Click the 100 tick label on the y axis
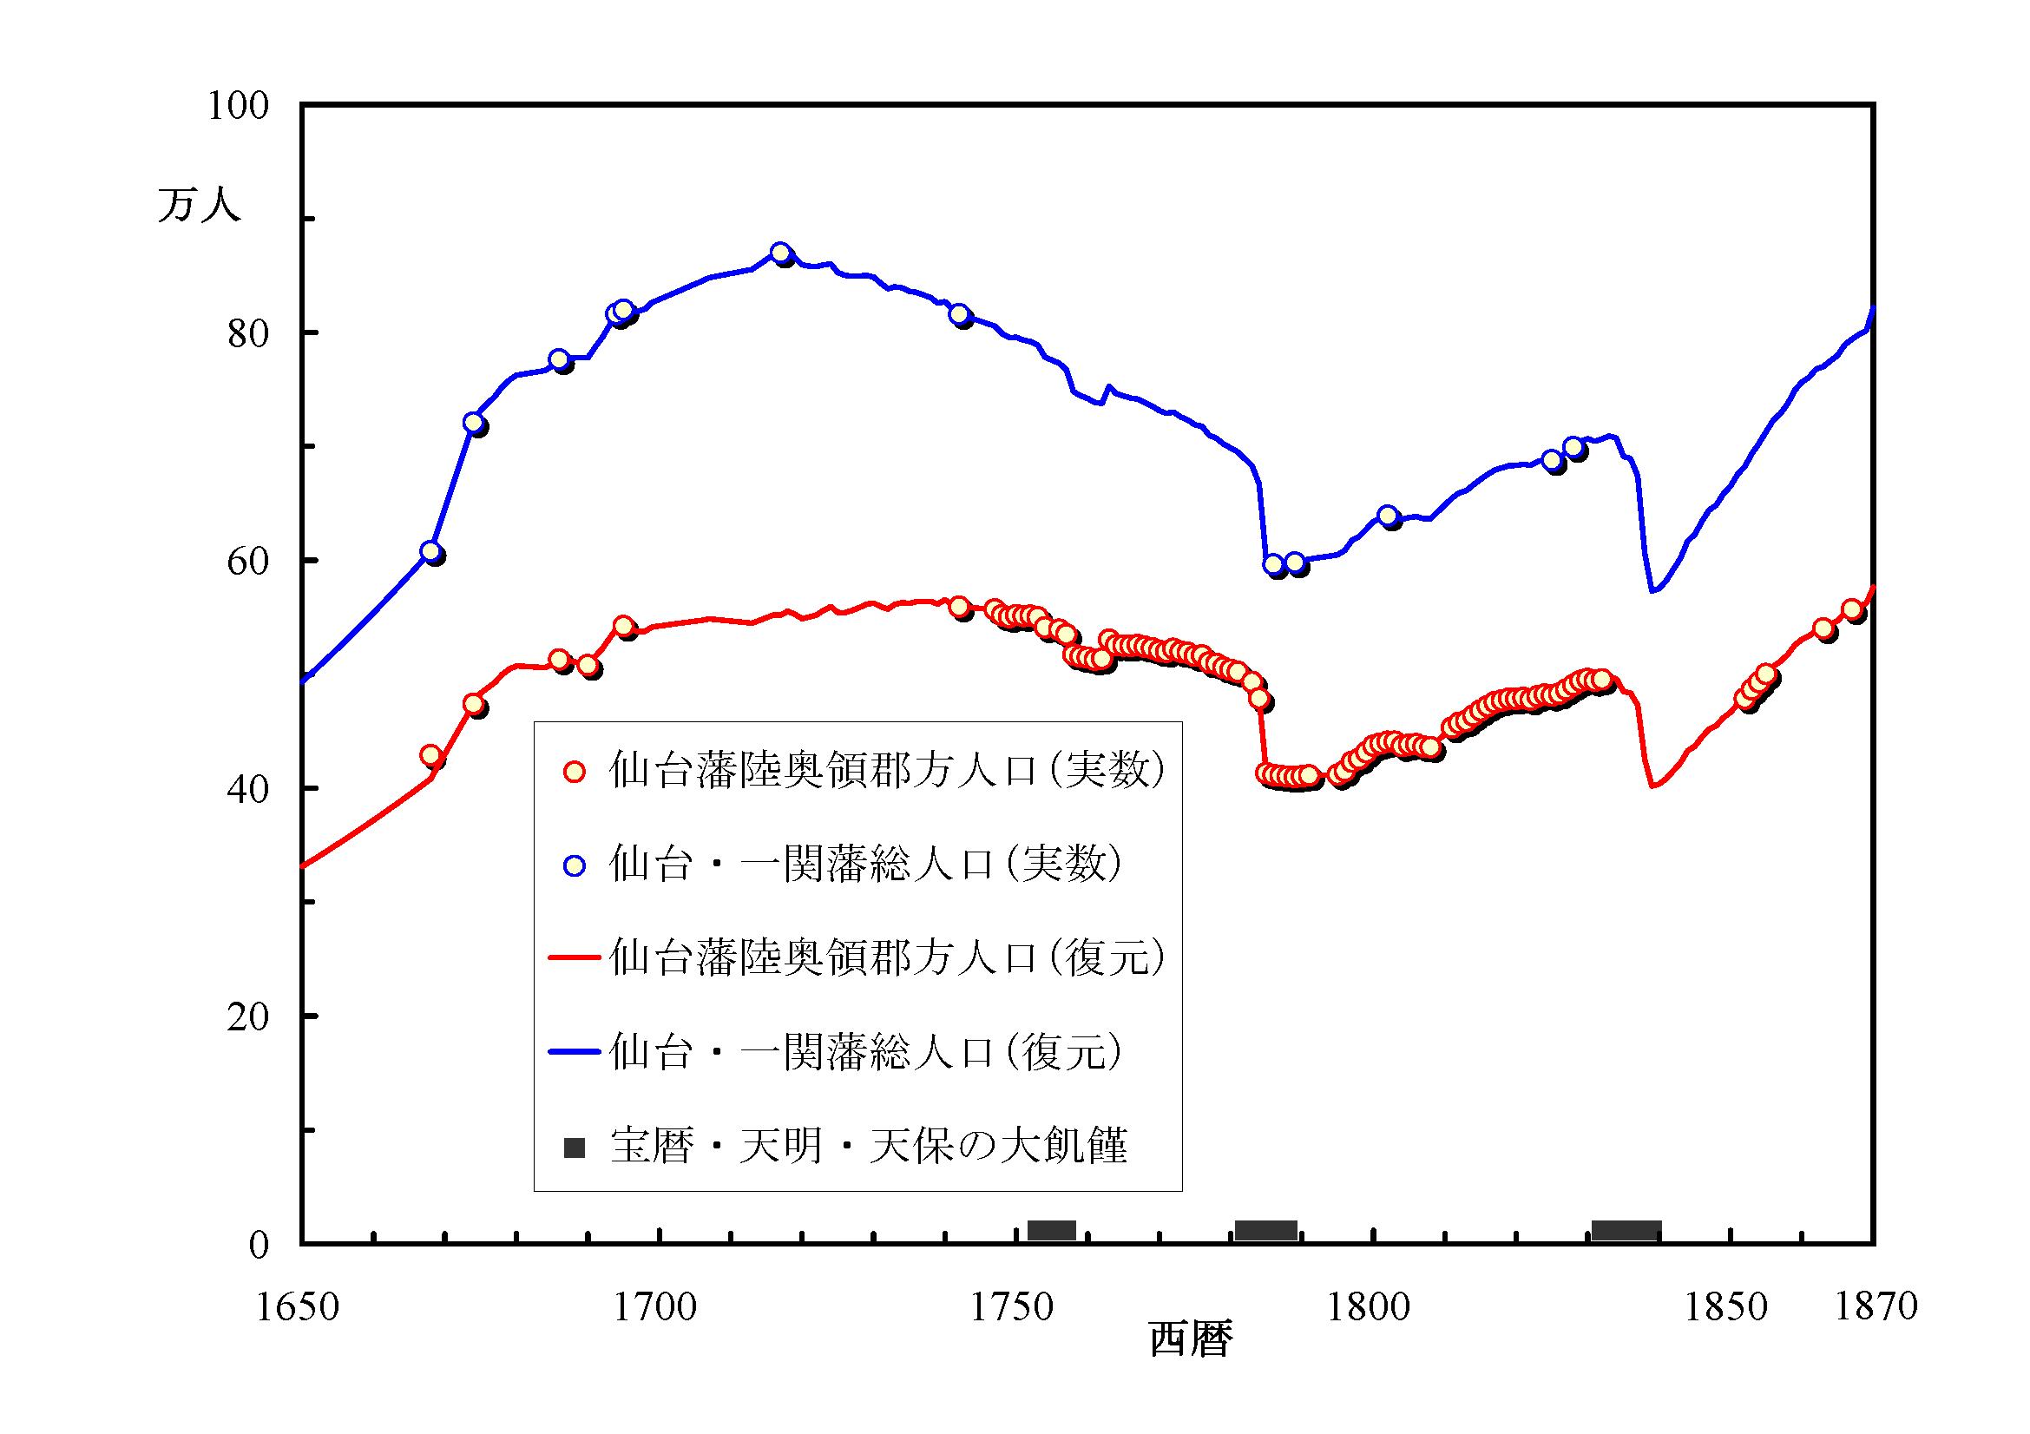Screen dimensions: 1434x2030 [237, 106]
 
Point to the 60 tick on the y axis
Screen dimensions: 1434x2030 [247, 562]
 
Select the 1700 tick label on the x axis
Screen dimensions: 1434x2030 [655, 1306]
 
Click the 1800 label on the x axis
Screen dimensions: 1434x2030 [1368, 1306]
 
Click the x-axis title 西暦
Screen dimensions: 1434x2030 [1190, 1339]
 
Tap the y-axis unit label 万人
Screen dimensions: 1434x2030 [199, 204]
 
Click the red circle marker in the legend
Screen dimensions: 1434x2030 [575, 772]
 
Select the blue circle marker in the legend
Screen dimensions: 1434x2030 [575, 865]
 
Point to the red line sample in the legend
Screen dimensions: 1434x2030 [575, 958]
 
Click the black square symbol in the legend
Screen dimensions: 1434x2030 [575, 1148]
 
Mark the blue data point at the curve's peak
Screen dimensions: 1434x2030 [780, 253]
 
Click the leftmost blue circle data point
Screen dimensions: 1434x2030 [430, 552]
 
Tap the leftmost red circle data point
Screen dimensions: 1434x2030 [430, 755]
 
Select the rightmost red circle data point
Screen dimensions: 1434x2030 [1852, 609]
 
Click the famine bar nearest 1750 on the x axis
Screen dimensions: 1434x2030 [1051, 1230]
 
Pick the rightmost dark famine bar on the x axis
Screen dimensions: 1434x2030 [1626, 1230]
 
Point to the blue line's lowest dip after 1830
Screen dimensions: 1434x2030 [1652, 589]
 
